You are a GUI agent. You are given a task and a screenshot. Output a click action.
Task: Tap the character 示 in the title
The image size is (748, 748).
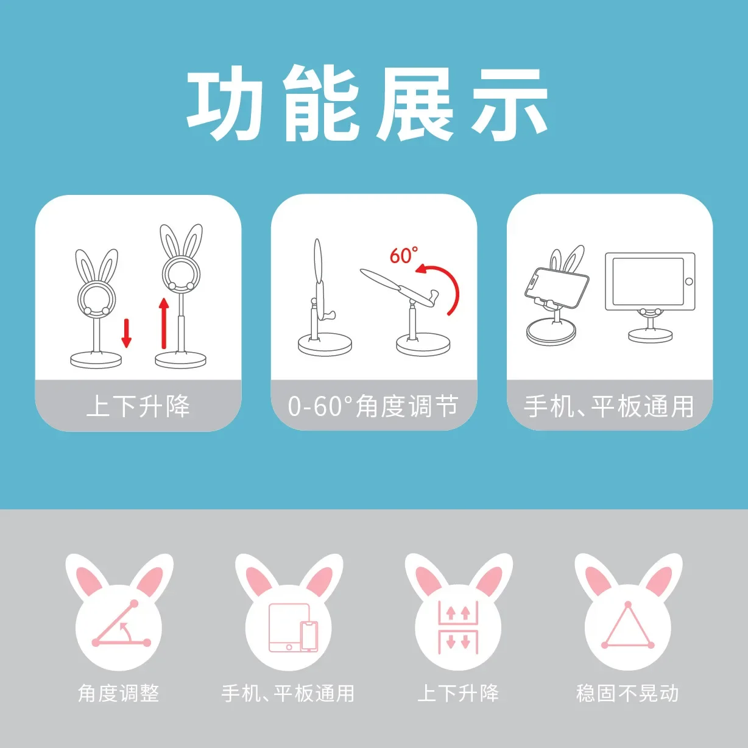[x=509, y=104]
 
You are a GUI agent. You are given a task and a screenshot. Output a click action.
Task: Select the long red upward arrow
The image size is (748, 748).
[x=164, y=323]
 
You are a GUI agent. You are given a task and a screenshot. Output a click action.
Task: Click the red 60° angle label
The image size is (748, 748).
[x=404, y=255]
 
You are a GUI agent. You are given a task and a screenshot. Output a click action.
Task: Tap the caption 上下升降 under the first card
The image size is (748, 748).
[x=138, y=406]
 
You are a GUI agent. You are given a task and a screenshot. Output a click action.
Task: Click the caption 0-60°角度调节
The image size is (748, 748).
[x=373, y=406]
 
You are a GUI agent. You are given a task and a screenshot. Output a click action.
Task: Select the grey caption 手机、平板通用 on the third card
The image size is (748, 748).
[x=609, y=406]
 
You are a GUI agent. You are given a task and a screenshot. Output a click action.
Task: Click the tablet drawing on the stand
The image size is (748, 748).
[x=650, y=282]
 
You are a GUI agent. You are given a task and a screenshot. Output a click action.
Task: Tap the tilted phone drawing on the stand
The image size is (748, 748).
[x=557, y=288]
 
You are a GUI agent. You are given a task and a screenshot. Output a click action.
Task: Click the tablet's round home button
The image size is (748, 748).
[x=689, y=282]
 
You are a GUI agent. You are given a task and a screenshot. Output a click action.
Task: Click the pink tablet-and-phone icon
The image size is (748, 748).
[x=294, y=627]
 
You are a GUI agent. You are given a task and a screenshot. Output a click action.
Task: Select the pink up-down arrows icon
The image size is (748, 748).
[x=458, y=627]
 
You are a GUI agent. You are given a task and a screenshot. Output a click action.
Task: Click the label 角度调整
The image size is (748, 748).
[x=119, y=693]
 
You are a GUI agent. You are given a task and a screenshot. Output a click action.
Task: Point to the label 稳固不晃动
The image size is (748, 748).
[x=627, y=693]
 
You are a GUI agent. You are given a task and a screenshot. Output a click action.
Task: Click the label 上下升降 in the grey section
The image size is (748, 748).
[x=458, y=693]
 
